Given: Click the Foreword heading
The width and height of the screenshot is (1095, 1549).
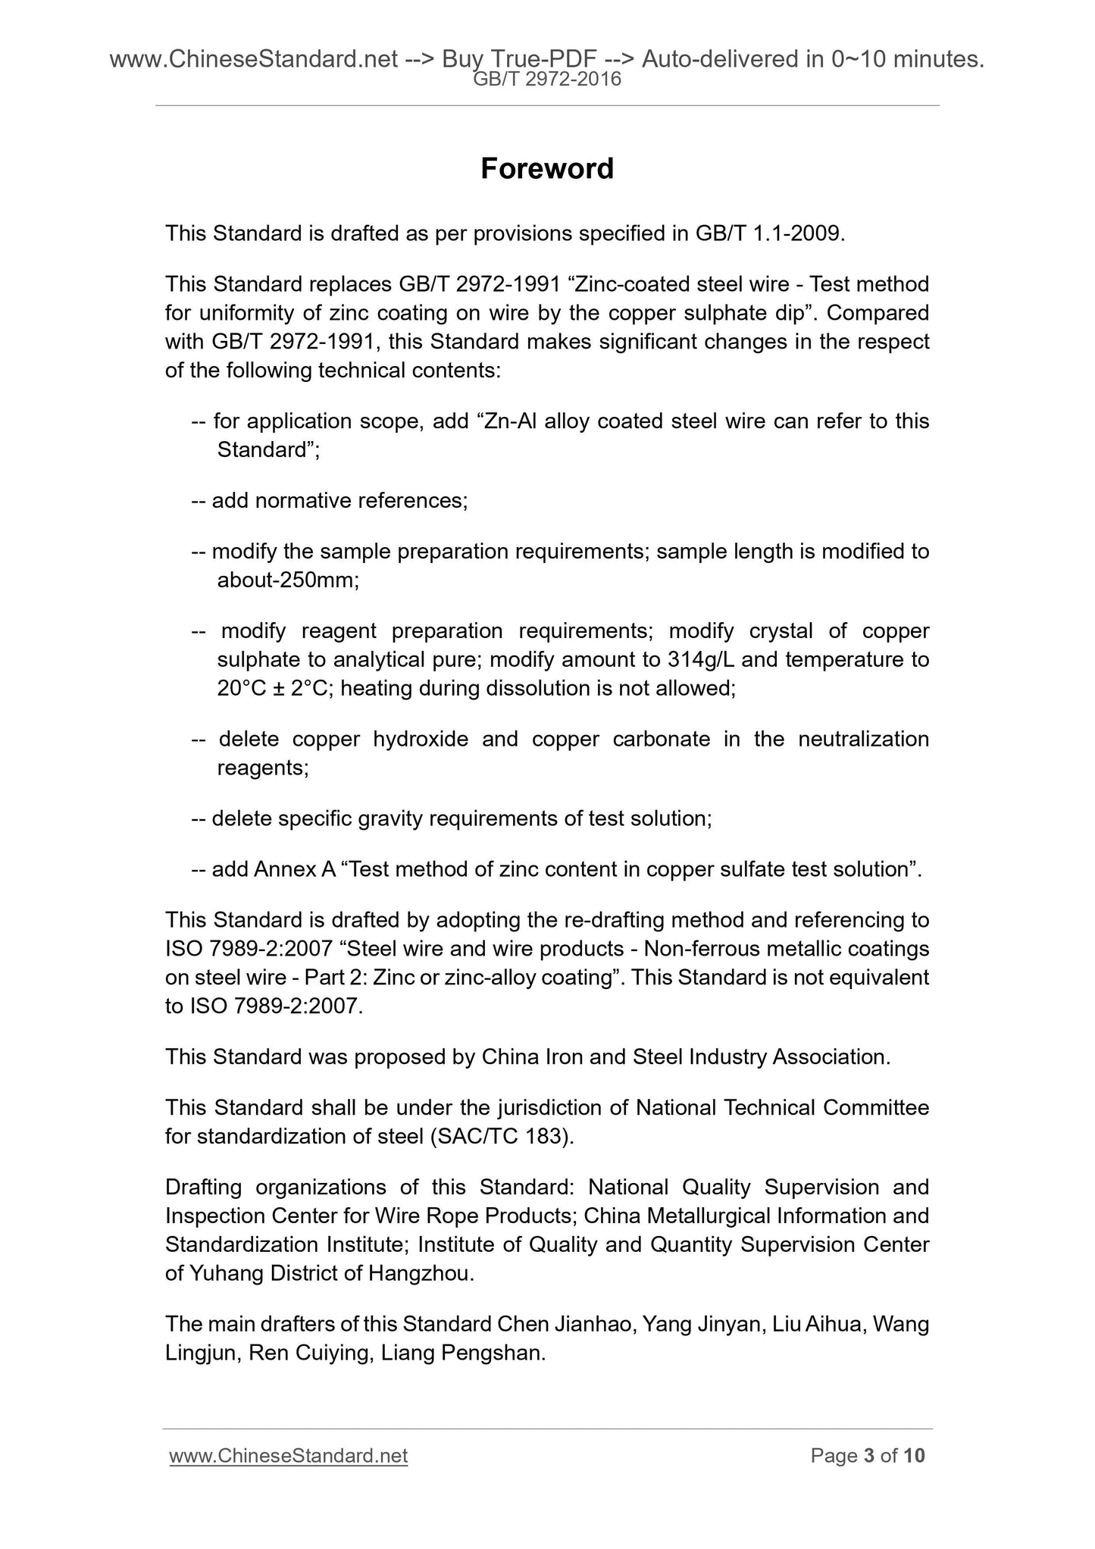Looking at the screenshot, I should click(x=546, y=168).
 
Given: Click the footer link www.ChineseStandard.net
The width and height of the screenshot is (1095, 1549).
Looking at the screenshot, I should click(x=289, y=1455).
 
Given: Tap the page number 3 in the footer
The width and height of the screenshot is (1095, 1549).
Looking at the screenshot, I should click(x=869, y=1455).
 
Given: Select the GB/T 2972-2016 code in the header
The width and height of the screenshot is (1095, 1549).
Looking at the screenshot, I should click(x=546, y=79).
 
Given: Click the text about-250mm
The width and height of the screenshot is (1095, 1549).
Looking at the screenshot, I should click(x=287, y=580).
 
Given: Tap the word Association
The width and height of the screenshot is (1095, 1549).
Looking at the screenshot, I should click(x=831, y=1056).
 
